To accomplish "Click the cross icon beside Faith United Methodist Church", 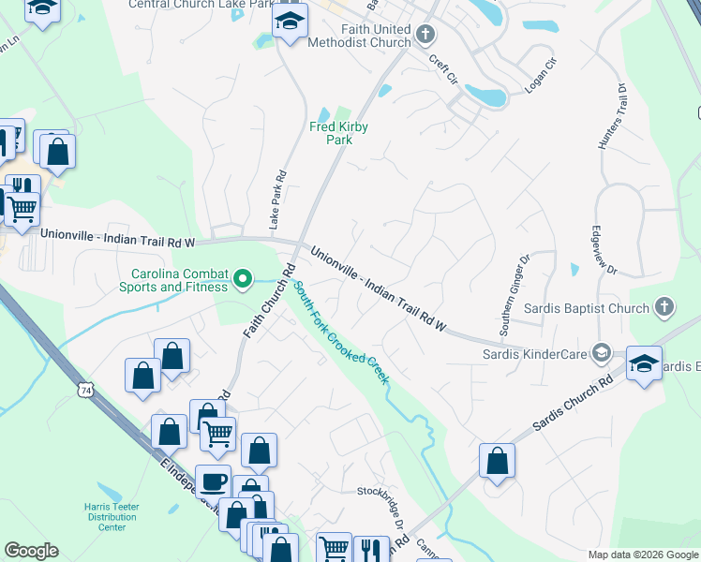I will pos(426,36).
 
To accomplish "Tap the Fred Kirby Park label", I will pos(338,133).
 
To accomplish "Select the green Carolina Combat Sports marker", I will pos(244,278).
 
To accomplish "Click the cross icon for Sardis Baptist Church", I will pos(664,307).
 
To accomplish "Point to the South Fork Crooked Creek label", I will pos(340,332).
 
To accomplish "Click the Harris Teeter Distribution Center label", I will pos(112,516).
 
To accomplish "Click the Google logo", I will pos(31,550).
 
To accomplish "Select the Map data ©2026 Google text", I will pos(643,555).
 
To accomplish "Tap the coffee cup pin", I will pos(214,481).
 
